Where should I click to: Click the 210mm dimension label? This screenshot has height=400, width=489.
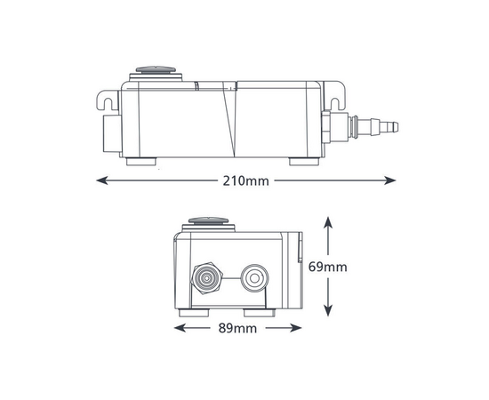click(245, 180)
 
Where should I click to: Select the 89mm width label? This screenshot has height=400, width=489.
click(236, 328)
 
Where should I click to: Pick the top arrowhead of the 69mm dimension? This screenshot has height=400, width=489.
click(329, 220)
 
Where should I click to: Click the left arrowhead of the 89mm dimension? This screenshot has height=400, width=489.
click(179, 328)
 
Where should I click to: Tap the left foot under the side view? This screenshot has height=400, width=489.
click(140, 162)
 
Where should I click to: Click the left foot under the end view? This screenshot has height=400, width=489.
click(195, 313)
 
